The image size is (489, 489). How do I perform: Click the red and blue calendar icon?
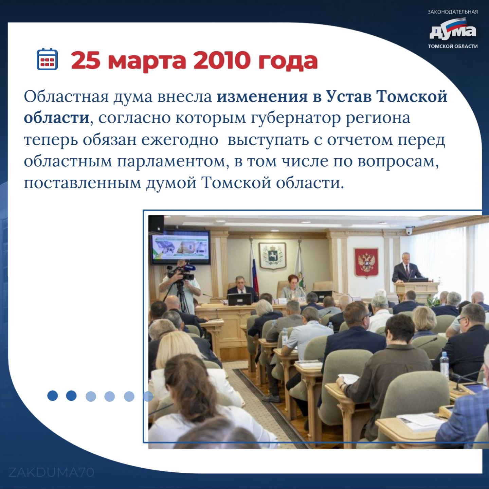click(47, 59)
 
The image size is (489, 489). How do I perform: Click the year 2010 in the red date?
click(220, 60)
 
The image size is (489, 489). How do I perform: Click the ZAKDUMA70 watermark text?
click(52, 472)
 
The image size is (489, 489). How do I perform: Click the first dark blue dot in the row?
click(53, 396)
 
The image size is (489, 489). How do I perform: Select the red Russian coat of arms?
click(366, 262)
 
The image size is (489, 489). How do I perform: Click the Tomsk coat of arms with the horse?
click(272, 256)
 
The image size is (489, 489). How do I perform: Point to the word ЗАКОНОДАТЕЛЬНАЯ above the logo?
click(453, 12)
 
